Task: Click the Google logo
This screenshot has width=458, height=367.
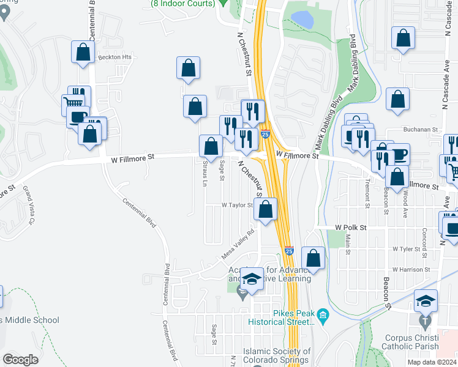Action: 20,359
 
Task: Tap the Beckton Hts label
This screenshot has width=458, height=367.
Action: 114,57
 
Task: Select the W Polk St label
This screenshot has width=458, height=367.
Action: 350,227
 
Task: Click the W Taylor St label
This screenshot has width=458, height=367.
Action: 237,206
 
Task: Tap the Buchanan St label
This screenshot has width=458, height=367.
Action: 421,130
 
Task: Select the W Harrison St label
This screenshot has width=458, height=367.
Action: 411,269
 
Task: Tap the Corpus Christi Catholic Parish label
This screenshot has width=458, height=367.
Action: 411,342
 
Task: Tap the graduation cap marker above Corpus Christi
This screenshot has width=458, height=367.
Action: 426,301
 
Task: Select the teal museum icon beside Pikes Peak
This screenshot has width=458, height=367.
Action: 323,317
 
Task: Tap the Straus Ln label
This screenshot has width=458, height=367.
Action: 205,174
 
